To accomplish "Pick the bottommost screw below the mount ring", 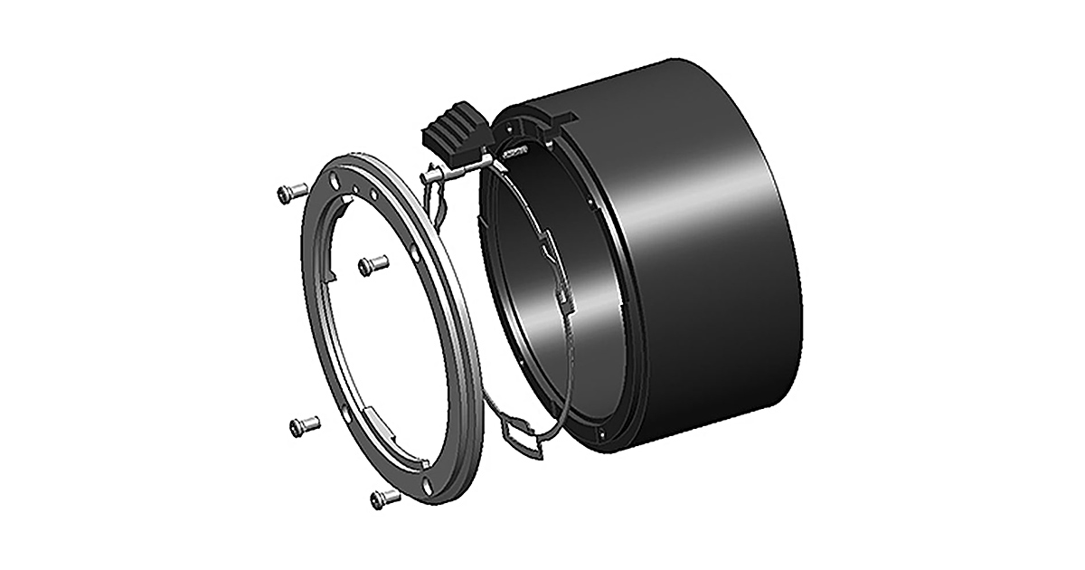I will pos(385,496).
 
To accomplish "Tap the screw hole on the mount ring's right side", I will pos(413,255).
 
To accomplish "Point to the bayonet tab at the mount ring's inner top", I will pos(352,209).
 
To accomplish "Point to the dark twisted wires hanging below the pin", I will pos(439,213).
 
